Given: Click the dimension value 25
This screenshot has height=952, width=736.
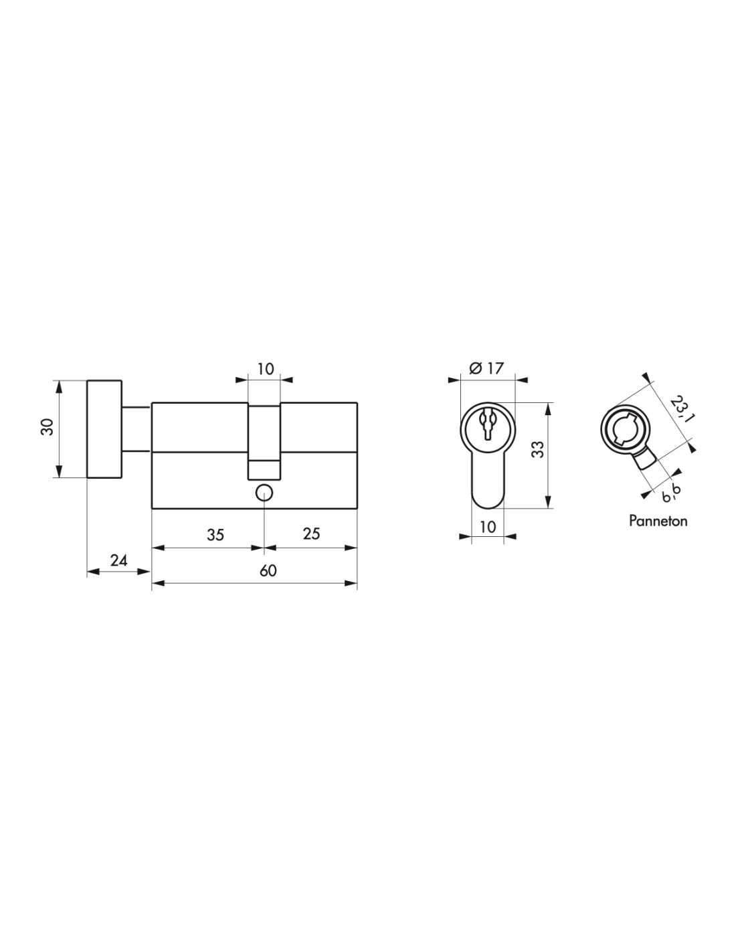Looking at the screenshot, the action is point(311,534).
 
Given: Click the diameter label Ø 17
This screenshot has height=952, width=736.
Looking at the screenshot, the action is point(486,368).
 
